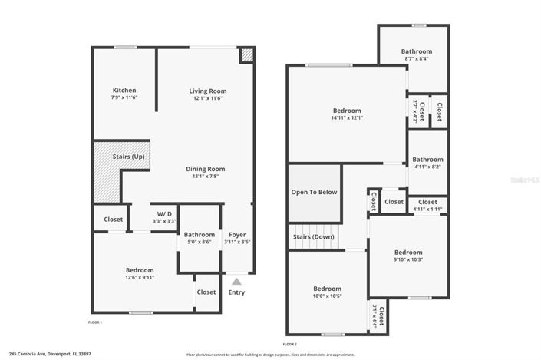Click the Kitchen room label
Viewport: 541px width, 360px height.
pos(124,91)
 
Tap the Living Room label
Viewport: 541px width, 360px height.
pos(208,91)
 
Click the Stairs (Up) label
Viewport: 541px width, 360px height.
pos(128,157)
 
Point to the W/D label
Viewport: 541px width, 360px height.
pos(164,213)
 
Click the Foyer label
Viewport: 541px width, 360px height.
pos(237,234)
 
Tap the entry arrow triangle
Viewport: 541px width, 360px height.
pos(236,282)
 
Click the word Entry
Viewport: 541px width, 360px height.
pos(236,292)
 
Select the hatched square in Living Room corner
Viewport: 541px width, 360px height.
pos(246,56)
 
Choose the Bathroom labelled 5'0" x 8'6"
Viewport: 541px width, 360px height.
pos(199,234)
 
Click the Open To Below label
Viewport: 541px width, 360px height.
pos(314,192)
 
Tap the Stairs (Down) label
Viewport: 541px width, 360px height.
pos(315,237)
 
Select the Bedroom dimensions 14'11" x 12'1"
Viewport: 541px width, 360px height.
pos(347,117)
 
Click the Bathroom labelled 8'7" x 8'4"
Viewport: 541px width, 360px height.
pos(417,51)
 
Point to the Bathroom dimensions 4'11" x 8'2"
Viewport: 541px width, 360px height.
pos(427,167)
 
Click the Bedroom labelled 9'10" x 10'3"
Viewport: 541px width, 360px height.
pos(408,253)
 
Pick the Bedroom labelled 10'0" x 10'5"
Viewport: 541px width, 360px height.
pos(328,289)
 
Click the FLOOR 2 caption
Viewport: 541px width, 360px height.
pos(290,344)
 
